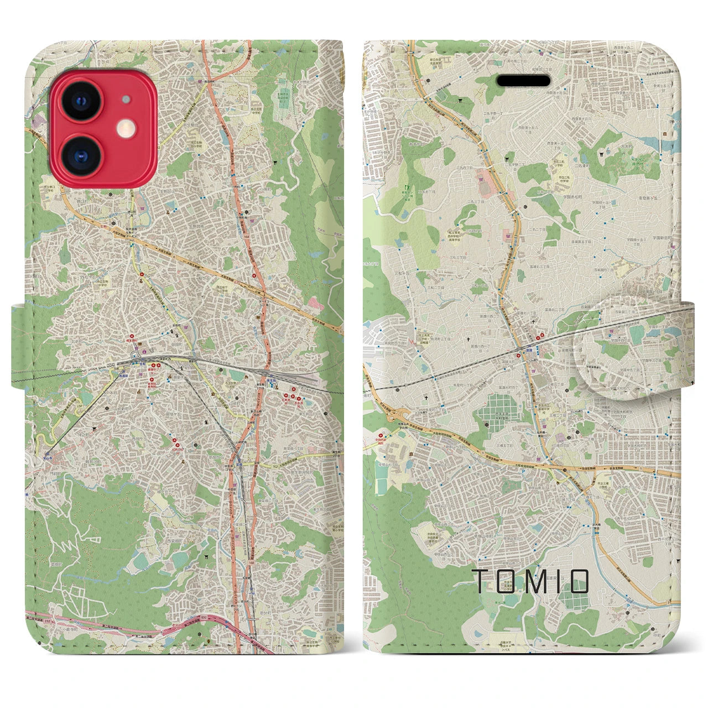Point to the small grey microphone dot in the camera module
[127, 100]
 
